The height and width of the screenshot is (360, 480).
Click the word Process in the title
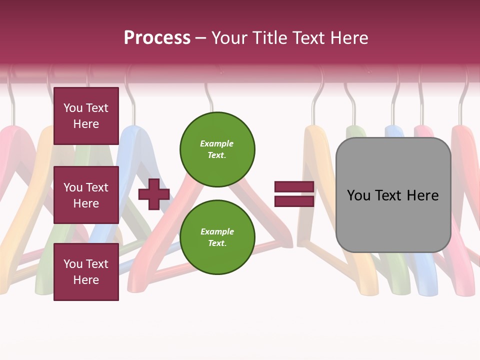157,38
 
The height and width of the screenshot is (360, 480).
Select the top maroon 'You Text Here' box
86,116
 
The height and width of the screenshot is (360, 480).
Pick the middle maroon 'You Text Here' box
86,195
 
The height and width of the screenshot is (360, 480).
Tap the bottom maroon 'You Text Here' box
86,272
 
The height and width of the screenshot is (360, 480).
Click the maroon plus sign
153,194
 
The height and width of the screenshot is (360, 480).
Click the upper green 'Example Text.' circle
217,149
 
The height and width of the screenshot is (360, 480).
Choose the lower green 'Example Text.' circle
217,237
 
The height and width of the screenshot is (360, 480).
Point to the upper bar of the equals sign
294,187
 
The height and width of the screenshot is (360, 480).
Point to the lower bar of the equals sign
294,201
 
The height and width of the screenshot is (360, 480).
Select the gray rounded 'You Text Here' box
393,195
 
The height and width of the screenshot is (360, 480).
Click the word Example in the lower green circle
217,231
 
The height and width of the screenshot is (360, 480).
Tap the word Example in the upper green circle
217,143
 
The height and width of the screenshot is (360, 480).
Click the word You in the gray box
358,195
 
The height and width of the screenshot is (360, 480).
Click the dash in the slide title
201,38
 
